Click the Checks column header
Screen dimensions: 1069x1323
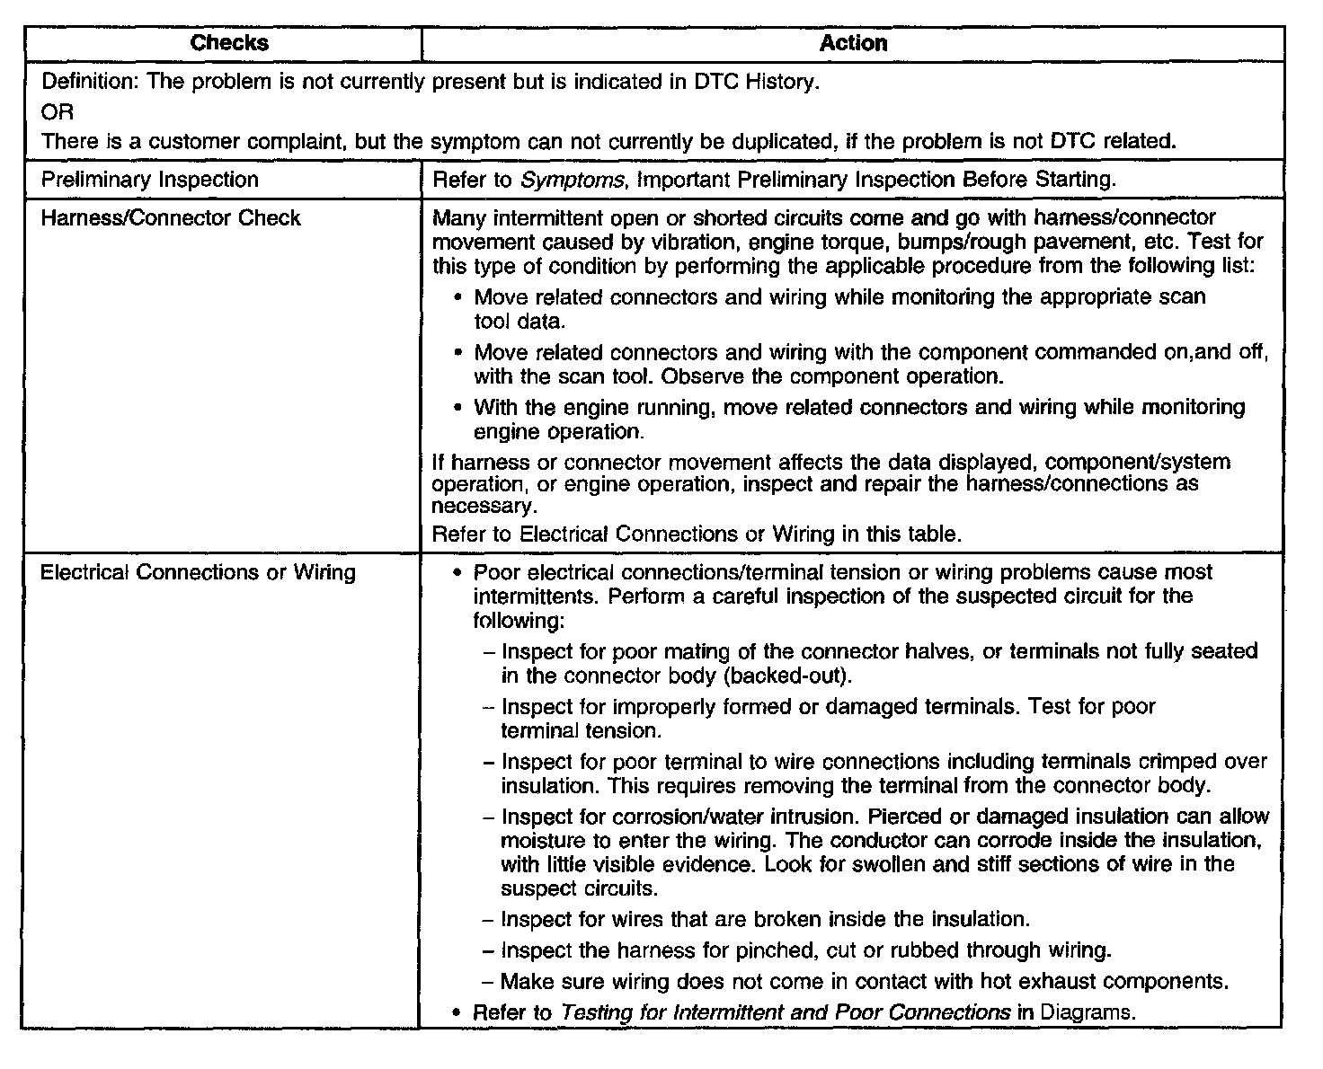229,43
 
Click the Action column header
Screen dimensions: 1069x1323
853,43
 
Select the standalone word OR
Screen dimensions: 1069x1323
58,111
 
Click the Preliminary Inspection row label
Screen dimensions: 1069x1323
149,180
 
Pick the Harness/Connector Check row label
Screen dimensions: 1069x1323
171,218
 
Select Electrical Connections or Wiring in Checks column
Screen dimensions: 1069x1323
198,572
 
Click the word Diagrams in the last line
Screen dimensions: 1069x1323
1088,1012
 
